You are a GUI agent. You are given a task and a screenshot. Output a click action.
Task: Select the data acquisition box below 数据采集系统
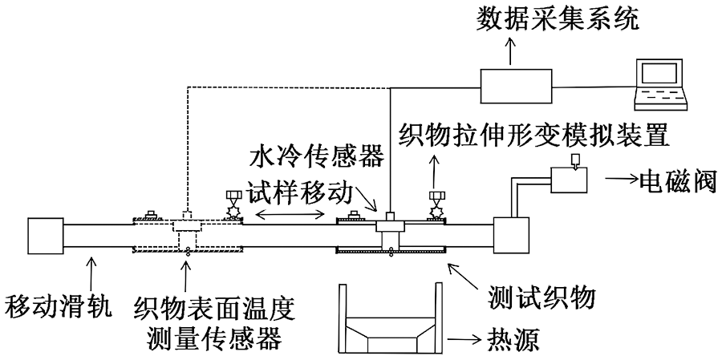pos(516,85)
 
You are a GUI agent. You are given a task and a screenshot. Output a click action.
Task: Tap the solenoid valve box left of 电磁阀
pos(570,178)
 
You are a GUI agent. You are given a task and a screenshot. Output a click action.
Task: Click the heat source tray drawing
pos(390,319)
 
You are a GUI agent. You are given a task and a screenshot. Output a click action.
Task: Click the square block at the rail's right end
pos(513,237)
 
